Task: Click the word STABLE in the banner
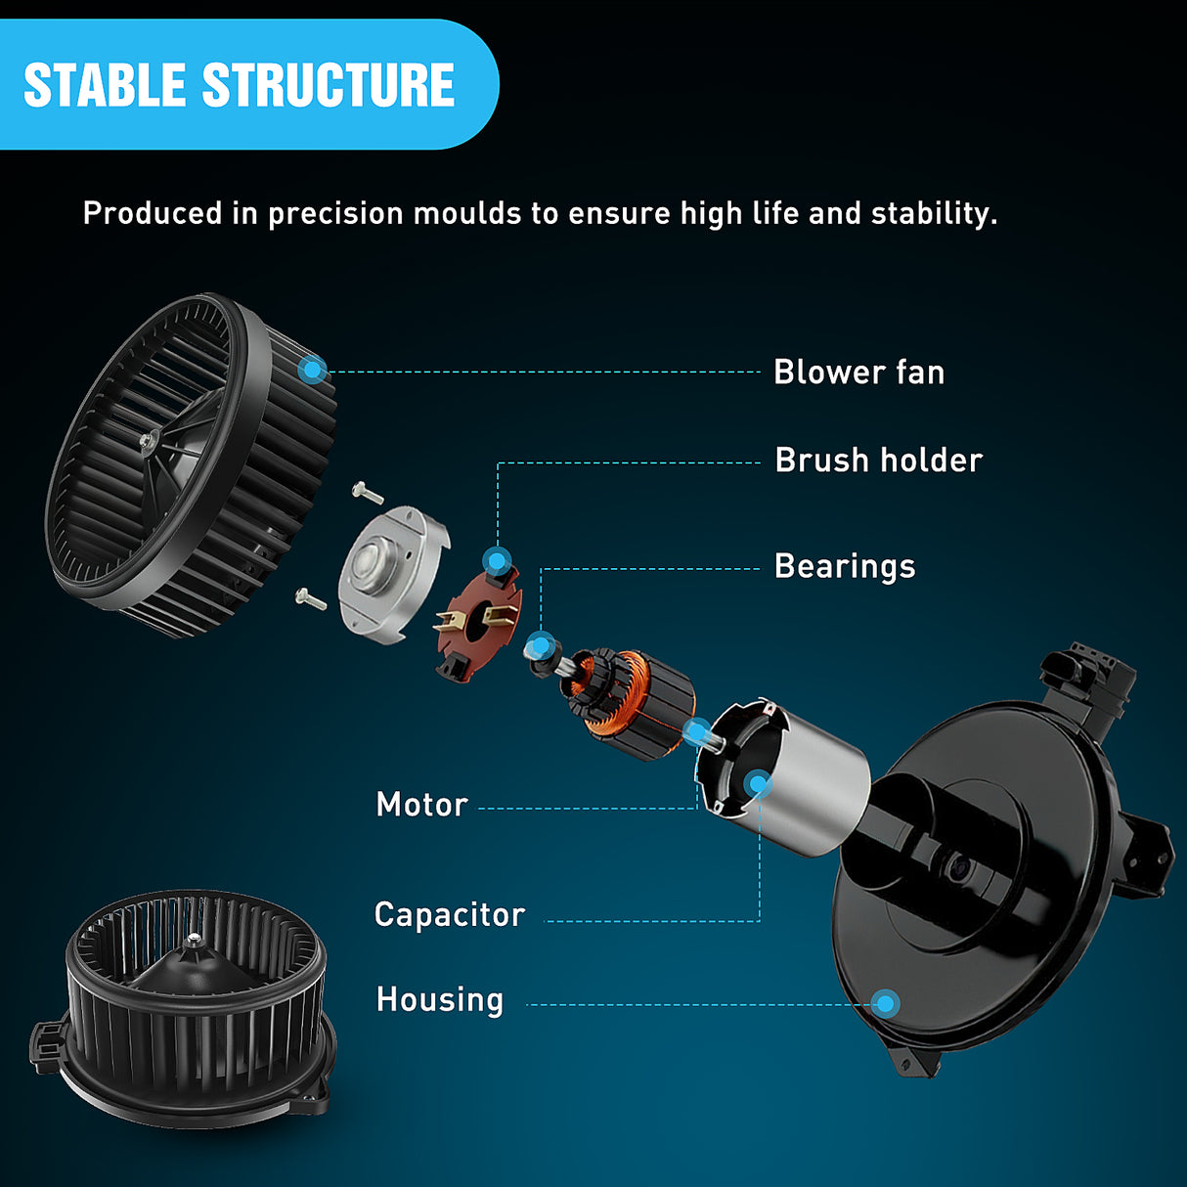coord(104,84)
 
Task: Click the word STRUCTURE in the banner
coord(329,84)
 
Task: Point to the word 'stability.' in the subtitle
coord(934,213)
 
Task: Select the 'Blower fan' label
coord(858,373)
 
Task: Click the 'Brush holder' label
coord(878,461)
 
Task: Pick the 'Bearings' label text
coord(845,566)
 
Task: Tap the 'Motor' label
coord(422,805)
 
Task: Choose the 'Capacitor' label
coord(450,915)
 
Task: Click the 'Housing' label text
coord(440,999)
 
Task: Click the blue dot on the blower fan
coord(312,369)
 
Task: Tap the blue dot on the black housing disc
coord(886,1003)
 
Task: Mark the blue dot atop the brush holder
coord(497,560)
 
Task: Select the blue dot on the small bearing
coord(541,646)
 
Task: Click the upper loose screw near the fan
coord(368,492)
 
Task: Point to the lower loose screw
coord(311,598)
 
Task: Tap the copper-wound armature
coord(629,702)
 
